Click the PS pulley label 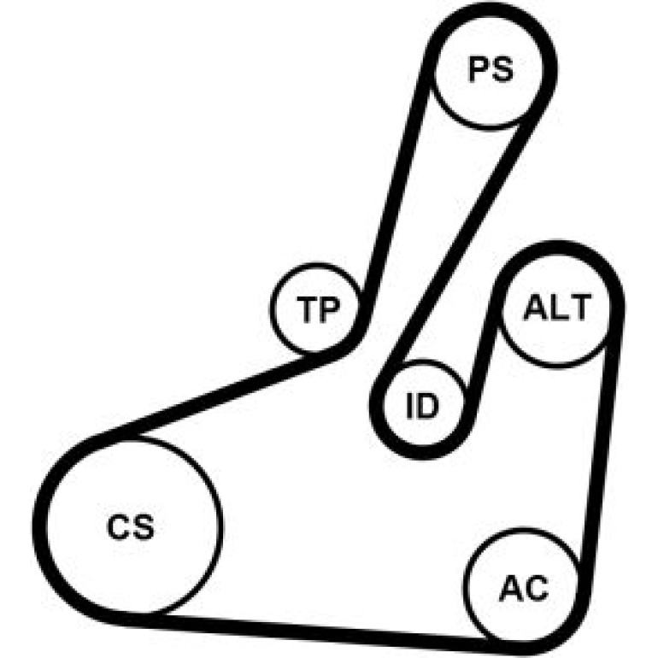click(491, 69)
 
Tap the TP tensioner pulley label click(318, 309)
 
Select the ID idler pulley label click(422, 406)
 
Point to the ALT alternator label click(557, 307)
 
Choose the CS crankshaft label click(131, 527)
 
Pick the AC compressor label click(524, 588)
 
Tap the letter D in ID click(428, 406)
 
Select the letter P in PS click(479, 69)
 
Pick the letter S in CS click(144, 527)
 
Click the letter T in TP click(306, 309)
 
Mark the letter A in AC click(511, 588)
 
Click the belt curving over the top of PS click(491, 9)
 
